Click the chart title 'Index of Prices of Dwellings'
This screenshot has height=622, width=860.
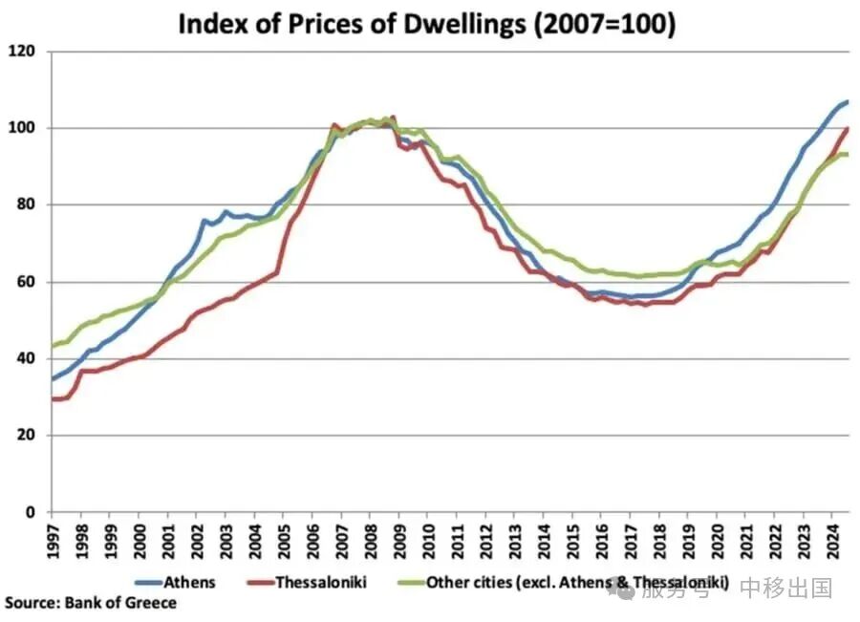pyautogui.click(x=427, y=24)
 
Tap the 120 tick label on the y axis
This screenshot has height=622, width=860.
pyautogui.click(x=23, y=52)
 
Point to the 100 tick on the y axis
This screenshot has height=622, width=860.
pyautogui.click(x=23, y=128)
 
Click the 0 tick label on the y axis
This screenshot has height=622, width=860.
pyautogui.click(x=31, y=512)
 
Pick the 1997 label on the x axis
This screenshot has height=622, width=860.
pyautogui.click(x=53, y=540)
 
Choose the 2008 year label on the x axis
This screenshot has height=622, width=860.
pyautogui.click(x=372, y=540)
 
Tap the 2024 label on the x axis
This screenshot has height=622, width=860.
pyautogui.click(x=834, y=540)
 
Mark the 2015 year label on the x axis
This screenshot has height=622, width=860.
pyautogui.click(x=574, y=540)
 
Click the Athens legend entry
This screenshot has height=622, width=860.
pyautogui.click(x=189, y=582)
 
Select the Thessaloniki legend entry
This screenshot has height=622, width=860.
pyautogui.click(x=321, y=582)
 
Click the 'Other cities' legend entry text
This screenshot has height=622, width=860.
pyautogui.click(x=578, y=582)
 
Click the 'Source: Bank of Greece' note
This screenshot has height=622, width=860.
pyautogui.click(x=91, y=603)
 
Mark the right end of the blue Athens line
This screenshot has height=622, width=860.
pyautogui.click(x=848, y=101)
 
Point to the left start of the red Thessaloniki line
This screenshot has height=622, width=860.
pyautogui.click(x=52, y=399)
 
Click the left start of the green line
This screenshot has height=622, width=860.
pyautogui.click(x=52, y=346)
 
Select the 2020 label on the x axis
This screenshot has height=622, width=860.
pyautogui.click(x=719, y=540)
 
